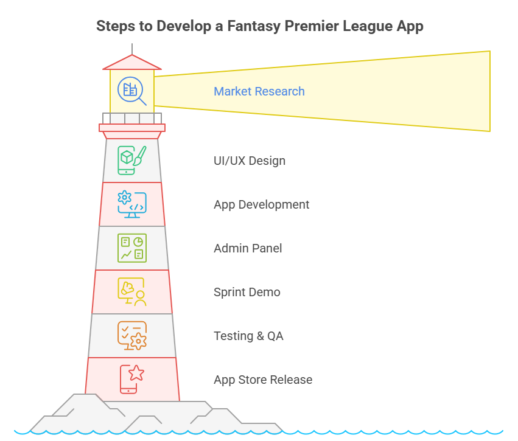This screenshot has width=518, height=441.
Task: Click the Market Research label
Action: coord(259,91)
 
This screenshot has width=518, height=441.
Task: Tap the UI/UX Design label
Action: coord(250,161)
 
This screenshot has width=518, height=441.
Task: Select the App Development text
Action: coord(261,204)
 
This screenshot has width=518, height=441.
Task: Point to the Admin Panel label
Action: coord(248,248)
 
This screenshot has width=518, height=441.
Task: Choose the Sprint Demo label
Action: coord(247,292)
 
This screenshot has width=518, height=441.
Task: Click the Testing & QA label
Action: coord(248,336)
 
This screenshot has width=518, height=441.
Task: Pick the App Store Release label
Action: coord(263,380)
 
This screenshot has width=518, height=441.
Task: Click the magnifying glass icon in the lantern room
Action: coord(131,91)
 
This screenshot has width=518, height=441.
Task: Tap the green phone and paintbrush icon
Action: coord(132,161)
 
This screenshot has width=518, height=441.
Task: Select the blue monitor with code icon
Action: coord(132,204)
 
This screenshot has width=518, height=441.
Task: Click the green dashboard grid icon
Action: coord(132,248)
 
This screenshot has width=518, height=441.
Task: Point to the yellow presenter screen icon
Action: coord(132,292)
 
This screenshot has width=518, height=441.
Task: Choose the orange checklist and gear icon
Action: coord(132,336)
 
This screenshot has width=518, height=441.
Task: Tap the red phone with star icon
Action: coord(132,380)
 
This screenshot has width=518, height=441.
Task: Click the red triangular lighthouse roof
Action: coord(132,63)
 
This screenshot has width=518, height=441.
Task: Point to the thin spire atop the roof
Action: coord(132,49)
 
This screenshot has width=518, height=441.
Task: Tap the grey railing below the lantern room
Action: coord(132,118)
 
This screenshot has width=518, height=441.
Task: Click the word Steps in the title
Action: coord(115,26)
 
